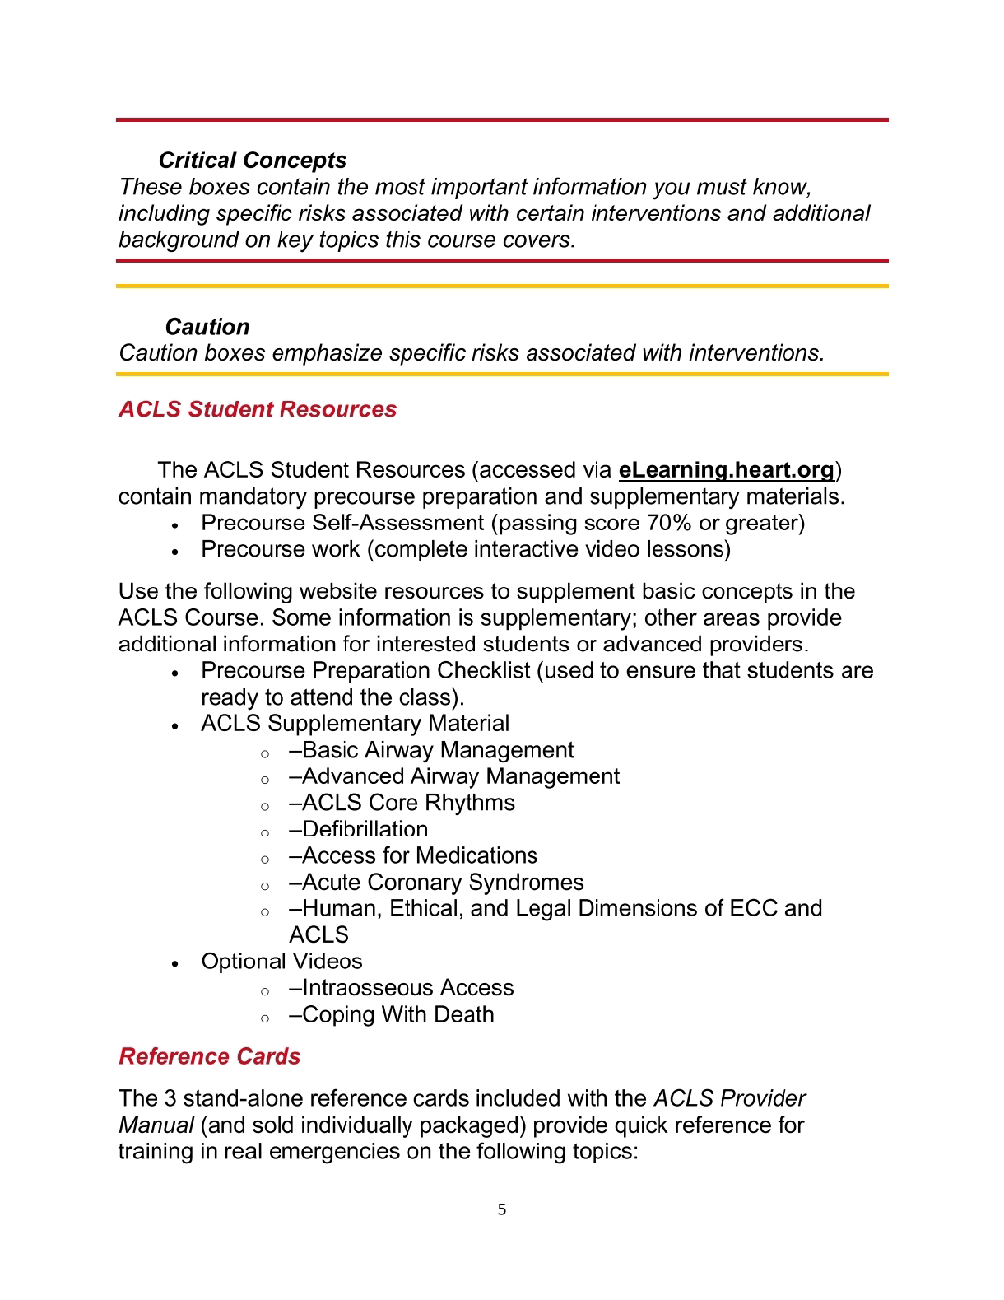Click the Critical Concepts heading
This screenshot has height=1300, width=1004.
pos(252,161)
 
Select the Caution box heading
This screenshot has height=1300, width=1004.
pos(207,327)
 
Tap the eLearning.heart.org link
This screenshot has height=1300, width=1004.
pos(727,470)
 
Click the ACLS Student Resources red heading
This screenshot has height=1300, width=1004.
pos(258,409)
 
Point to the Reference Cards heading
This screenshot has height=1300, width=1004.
pos(210,1056)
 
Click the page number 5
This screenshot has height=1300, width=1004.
pos(502,1209)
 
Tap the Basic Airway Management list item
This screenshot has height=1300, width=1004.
pos(431,750)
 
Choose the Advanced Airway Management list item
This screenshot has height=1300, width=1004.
pos(454,776)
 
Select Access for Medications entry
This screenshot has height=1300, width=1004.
pos(413,855)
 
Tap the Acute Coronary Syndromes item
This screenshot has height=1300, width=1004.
pos(436,882)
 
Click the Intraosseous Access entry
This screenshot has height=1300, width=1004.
pos(402,988)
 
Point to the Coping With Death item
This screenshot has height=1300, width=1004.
pos(392,1014)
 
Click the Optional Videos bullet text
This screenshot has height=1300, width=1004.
pos(281,962)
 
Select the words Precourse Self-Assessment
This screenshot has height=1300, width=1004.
pos(342,523)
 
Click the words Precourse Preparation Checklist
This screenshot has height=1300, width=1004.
pos(365,670)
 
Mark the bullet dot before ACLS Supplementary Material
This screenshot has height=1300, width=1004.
pos(175,725)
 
